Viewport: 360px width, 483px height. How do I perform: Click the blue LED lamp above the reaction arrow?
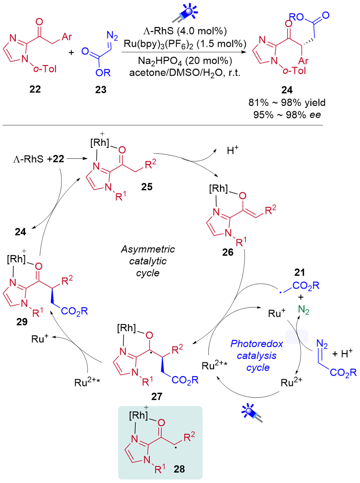pyautogui.click(x=185, y=13)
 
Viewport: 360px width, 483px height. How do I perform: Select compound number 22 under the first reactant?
pyautogui.click(x=35, y=89)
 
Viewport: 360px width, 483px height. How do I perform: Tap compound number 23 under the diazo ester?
pyautogui.click(x=101, y=90)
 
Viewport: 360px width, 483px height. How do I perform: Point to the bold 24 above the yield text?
pyautogui.click(x=287, y=90)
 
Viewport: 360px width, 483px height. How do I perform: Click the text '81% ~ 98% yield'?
pyautogui.click(x=287, y=102)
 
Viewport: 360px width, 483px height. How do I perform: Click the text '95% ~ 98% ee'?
pyautogui.click(x=287, y=114)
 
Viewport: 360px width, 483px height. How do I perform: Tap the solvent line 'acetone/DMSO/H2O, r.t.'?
pyautogui.click(x=185, y=73)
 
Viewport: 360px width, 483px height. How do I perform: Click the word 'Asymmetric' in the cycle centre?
pyautogui.click(x=148, y=249)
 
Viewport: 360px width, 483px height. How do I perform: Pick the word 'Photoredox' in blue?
pyautogui.click(x=257, y=344)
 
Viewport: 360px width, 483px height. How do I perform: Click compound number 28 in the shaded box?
pyautogui.click(x=179, y=469)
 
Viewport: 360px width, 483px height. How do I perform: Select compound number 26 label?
pyautogui.click(x=228, y=252)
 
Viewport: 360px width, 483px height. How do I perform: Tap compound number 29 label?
pyautogui.click(x=22, y=322)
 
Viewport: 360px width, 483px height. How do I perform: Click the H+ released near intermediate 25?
pyautogui.click(x=233, y=150)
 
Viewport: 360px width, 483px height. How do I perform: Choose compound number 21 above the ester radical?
pyautogui.click(x=300, y=272)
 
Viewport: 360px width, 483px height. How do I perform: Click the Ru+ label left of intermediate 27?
pyautogui.click(x=40, y=339)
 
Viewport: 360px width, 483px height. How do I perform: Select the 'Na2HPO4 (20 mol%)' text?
pyautogui.click(x=185, y=61)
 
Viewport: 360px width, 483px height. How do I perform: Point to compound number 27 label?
pyautogui.click(x=157, y=396)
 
